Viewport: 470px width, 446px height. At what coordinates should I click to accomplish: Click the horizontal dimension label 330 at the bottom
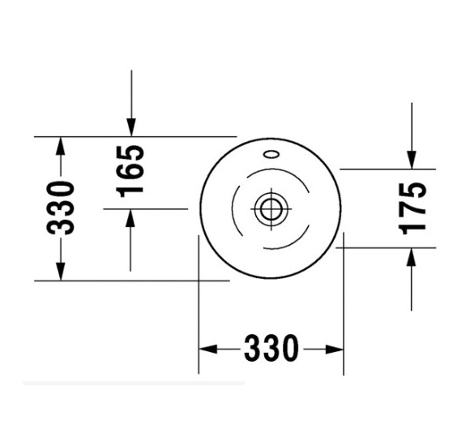click(270, 349)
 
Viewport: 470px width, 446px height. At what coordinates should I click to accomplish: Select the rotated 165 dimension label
click(130, 170)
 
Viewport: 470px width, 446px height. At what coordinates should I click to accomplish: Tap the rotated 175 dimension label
click(413, 208)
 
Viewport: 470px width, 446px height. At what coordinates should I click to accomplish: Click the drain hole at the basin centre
click(269, 208)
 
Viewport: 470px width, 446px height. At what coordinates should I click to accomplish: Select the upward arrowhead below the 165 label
click(130, 217)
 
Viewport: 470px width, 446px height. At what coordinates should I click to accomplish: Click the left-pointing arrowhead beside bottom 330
click(207, 349)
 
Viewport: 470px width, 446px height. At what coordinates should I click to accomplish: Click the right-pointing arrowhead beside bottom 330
click(335, 349)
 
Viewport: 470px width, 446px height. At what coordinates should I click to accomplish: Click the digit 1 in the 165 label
click(130, 190)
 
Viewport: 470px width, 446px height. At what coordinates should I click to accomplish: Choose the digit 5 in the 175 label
click(413, 190)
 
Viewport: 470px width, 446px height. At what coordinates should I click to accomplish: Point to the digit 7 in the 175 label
click(413, 208)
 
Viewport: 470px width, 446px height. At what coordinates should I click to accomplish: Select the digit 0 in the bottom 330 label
click(288, 349)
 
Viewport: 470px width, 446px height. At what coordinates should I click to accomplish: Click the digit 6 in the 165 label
click(130, 171)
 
